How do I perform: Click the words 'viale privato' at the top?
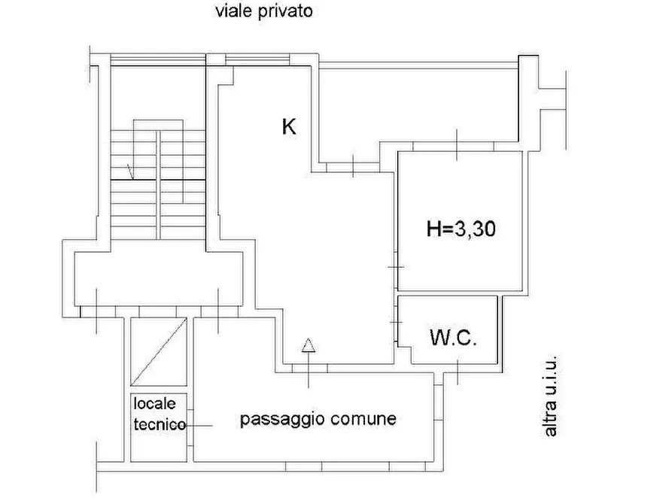263,11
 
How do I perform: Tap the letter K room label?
289,127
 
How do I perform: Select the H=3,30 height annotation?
461,229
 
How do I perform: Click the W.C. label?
453,338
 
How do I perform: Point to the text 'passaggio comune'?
318,419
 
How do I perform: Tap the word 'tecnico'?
160,424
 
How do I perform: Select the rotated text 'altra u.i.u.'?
550,396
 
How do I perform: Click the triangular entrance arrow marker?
308,345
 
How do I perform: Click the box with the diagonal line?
159,351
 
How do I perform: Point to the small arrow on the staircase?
130,172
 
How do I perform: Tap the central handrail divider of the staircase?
158,185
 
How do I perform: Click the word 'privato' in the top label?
285,11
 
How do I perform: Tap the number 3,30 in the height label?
475,229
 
